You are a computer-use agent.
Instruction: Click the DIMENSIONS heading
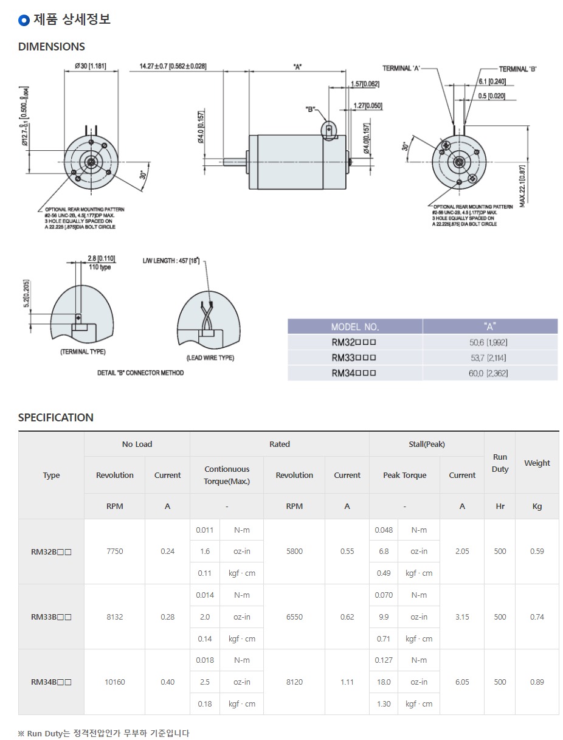point(52,47)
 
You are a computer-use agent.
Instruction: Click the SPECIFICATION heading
point(56,418)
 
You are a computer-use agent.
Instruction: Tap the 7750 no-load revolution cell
point(114,552)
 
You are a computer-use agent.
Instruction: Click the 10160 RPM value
point(114,682)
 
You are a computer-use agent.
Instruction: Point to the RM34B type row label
point(51,682)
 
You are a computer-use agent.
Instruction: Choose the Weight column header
point(537,463)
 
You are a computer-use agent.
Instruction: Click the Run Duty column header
point(500,463)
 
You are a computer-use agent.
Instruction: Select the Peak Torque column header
point(404,475)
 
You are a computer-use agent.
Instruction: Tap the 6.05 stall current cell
point(462,682)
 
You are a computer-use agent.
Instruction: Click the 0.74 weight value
point(537,617)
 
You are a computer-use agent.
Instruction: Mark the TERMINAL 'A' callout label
point(401,68)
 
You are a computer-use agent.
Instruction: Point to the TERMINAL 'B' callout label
point(518,69)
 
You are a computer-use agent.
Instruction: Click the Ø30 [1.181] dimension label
point(90,66)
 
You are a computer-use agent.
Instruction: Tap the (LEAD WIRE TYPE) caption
point(210,358)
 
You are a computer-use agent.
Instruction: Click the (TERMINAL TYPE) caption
point(83,352)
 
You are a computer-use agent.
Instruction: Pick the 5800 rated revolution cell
point(294,552)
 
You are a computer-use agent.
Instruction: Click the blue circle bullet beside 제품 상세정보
point(24,20)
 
